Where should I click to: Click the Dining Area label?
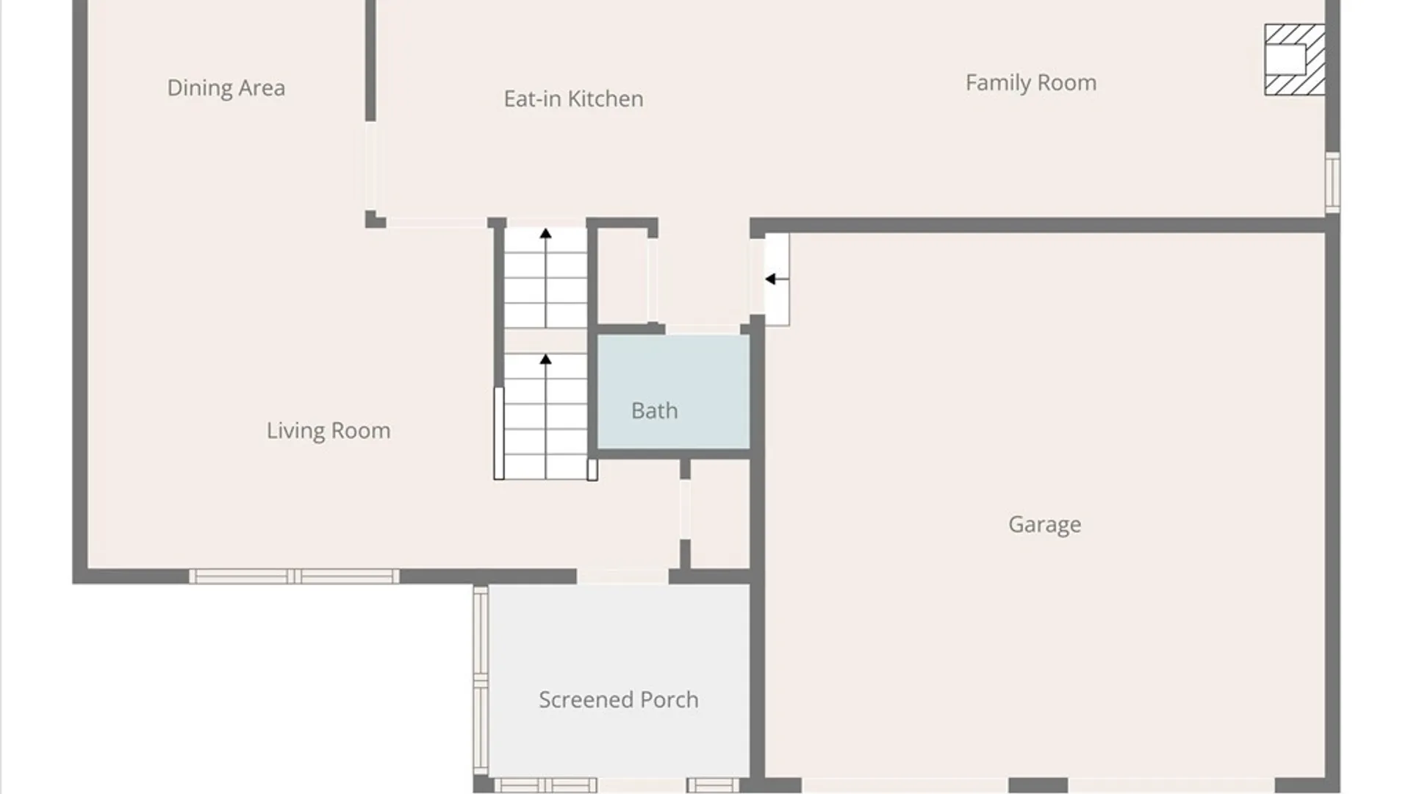(x=226, y=88)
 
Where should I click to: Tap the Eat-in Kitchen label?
(x=573, y=99)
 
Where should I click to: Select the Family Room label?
(x=1031, y=83)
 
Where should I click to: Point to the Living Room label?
(x=328, y=431)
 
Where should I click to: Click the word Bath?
(x=654, y=410)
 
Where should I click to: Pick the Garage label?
(x=1044, y=524)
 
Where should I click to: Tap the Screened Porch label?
(x=618, y=700)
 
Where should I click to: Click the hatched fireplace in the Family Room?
(x=1295, y=60)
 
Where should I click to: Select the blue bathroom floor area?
(x=673, y=392)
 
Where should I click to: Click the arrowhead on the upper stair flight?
(x=545, y=234)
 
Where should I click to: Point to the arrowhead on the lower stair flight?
(x=545, y=360)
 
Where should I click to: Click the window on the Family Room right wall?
(x=1332, y=182)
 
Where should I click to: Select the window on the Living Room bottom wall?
(x=294, y=576)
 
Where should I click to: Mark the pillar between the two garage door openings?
(x=1037, y=786)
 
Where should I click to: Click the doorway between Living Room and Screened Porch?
(x=622, y=576)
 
